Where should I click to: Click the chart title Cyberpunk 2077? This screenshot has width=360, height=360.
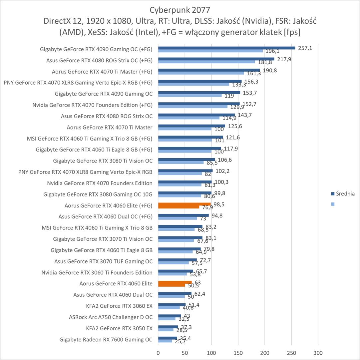180,9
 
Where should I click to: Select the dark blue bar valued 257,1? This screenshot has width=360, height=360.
226,48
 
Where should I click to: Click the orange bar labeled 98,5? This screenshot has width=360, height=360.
184,204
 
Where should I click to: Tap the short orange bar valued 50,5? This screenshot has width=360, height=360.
172,285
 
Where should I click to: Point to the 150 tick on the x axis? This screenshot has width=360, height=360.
238,352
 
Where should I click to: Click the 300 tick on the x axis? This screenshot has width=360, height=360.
318,352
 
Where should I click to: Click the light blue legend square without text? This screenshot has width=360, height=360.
332,204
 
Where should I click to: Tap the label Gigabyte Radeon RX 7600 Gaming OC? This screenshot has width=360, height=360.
106,340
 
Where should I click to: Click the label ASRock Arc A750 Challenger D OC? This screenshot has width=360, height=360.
111,317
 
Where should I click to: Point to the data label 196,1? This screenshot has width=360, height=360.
272,51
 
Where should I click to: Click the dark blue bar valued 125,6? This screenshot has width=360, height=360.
191,126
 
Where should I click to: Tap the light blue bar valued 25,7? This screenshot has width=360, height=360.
165,341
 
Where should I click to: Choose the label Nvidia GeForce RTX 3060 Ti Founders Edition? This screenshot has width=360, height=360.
97,272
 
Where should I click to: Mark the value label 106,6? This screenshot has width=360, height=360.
225,160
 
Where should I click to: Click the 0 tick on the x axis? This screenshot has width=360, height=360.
158,352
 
